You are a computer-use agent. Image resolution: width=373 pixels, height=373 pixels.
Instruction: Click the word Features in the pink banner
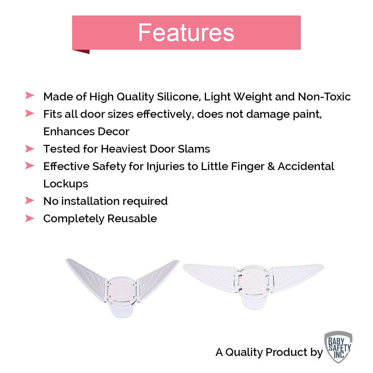[x=186, y=32]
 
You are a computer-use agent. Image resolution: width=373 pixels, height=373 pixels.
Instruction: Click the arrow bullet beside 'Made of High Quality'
[x=30, y=95]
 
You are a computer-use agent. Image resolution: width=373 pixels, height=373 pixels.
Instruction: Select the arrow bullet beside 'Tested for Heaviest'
[x=30, y=149]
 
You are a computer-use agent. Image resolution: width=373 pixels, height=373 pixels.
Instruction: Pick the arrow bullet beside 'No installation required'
[x=30, y=200]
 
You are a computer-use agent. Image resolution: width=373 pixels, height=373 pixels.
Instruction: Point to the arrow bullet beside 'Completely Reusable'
[x=30, y=218]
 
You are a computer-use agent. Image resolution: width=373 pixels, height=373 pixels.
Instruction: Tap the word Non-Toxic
[x=324, y=97]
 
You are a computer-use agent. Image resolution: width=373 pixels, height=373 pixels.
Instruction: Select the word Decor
[x=113, y=131]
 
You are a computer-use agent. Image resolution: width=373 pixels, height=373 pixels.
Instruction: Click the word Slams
[x=194, y=149]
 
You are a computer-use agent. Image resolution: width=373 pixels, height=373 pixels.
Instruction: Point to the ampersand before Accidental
[x=271, y=166]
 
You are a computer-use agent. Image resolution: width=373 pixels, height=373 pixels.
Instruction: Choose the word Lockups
[x=66, y=184]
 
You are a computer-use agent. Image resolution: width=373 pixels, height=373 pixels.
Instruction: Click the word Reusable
[x=132, y=219]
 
